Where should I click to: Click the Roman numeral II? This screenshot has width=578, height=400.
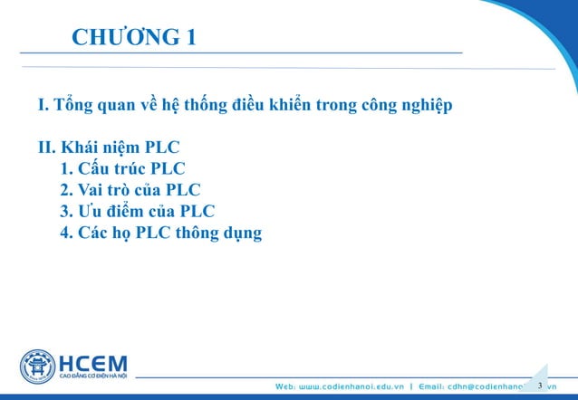tap(46, 148)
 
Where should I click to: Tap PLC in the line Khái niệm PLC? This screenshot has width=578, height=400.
tap(161, 148)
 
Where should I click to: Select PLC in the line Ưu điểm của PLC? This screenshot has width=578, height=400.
tap(197, 213)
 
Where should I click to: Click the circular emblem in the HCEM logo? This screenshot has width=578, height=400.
tap(37, 365)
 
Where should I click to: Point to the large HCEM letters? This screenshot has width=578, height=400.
tap(92, 360)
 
